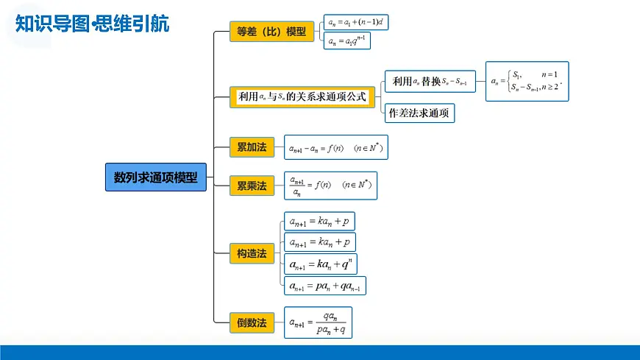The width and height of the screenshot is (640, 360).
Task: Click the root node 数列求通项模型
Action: tap(156, 177)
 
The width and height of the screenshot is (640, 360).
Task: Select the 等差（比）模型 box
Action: tap(271, 32)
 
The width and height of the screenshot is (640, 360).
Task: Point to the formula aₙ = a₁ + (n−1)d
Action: tap(357, 23)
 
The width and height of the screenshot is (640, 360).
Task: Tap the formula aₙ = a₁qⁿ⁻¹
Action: tap(347, 41)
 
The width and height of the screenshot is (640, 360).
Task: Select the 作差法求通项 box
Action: tap(419, 113)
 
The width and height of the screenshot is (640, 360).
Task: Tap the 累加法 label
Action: tap(252, 147)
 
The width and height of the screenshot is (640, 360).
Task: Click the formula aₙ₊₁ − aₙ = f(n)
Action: tap(336, 148)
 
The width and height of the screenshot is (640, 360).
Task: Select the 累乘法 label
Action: tap(252, 185)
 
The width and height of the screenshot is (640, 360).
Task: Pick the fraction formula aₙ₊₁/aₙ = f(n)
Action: tap(331, 186)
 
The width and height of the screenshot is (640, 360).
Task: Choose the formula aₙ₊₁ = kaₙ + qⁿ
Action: tap(321, 264)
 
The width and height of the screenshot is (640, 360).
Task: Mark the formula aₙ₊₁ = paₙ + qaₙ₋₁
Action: tap(324, 286)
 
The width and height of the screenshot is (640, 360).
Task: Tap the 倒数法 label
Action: tap(252, 322)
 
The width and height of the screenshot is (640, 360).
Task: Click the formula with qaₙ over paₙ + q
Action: tap(319, 322)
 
